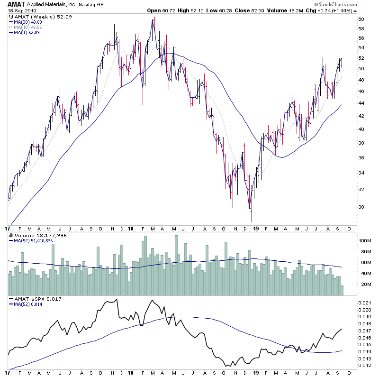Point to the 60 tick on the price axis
361,19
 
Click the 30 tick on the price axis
361,207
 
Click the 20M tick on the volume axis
364,284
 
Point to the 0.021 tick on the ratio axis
365,302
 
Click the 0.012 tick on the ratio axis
365,365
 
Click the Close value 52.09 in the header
279,10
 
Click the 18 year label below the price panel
131,228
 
